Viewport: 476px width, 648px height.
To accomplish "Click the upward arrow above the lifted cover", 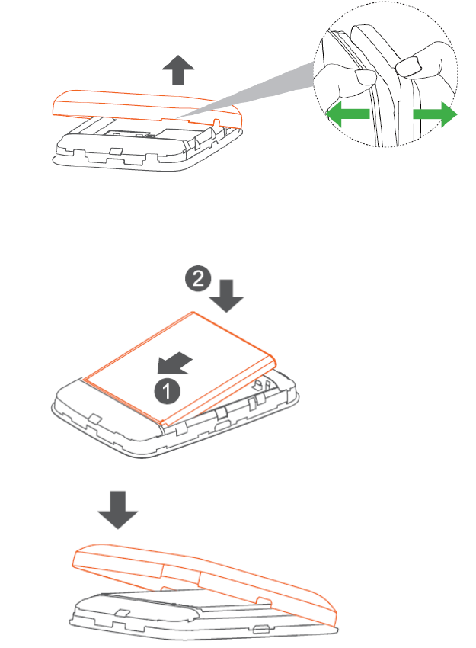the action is tap(177, 72).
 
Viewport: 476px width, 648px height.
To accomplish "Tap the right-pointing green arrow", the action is tap(435, 115).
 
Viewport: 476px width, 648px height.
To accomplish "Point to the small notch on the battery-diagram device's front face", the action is tap(94, 416).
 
